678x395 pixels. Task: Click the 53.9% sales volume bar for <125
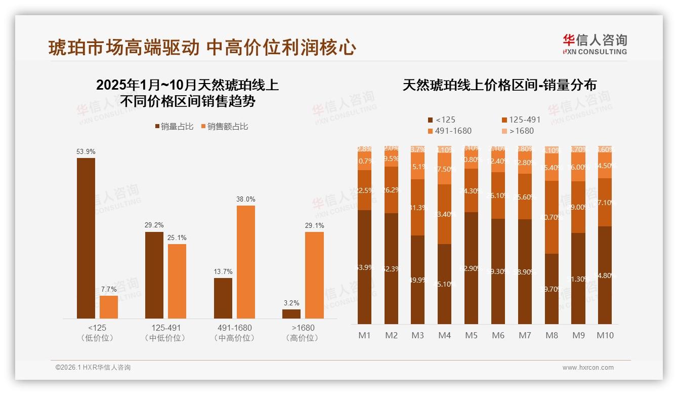click(86, 238)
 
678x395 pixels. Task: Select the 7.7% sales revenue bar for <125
click(109, 307)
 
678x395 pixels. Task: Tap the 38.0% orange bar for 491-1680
click(246, 262)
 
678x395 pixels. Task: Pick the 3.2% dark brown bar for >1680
click(291, 314)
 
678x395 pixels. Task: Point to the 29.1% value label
click(314, 226)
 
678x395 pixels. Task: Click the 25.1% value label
click(177, 238)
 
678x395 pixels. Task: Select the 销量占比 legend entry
click(175, 127)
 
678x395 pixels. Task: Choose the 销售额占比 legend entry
click(225, 127)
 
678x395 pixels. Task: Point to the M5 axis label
click(471, 335)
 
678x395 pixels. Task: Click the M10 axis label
click(605, 335)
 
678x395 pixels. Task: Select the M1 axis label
click(365, 335)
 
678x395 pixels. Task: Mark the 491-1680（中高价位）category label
click(233, 333)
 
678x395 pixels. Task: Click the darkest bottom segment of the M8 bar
click(552, 289)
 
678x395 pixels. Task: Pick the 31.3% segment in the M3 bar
click(418, 208)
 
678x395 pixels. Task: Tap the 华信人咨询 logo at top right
click(595, 44)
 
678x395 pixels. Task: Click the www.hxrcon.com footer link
click(588, 368)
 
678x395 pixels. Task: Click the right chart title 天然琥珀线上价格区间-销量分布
click(499, 85)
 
